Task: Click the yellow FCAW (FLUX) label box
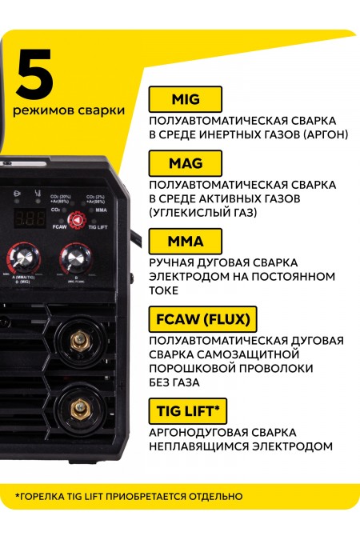pos(202,320)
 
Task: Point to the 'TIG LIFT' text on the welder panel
pos(98,227)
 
